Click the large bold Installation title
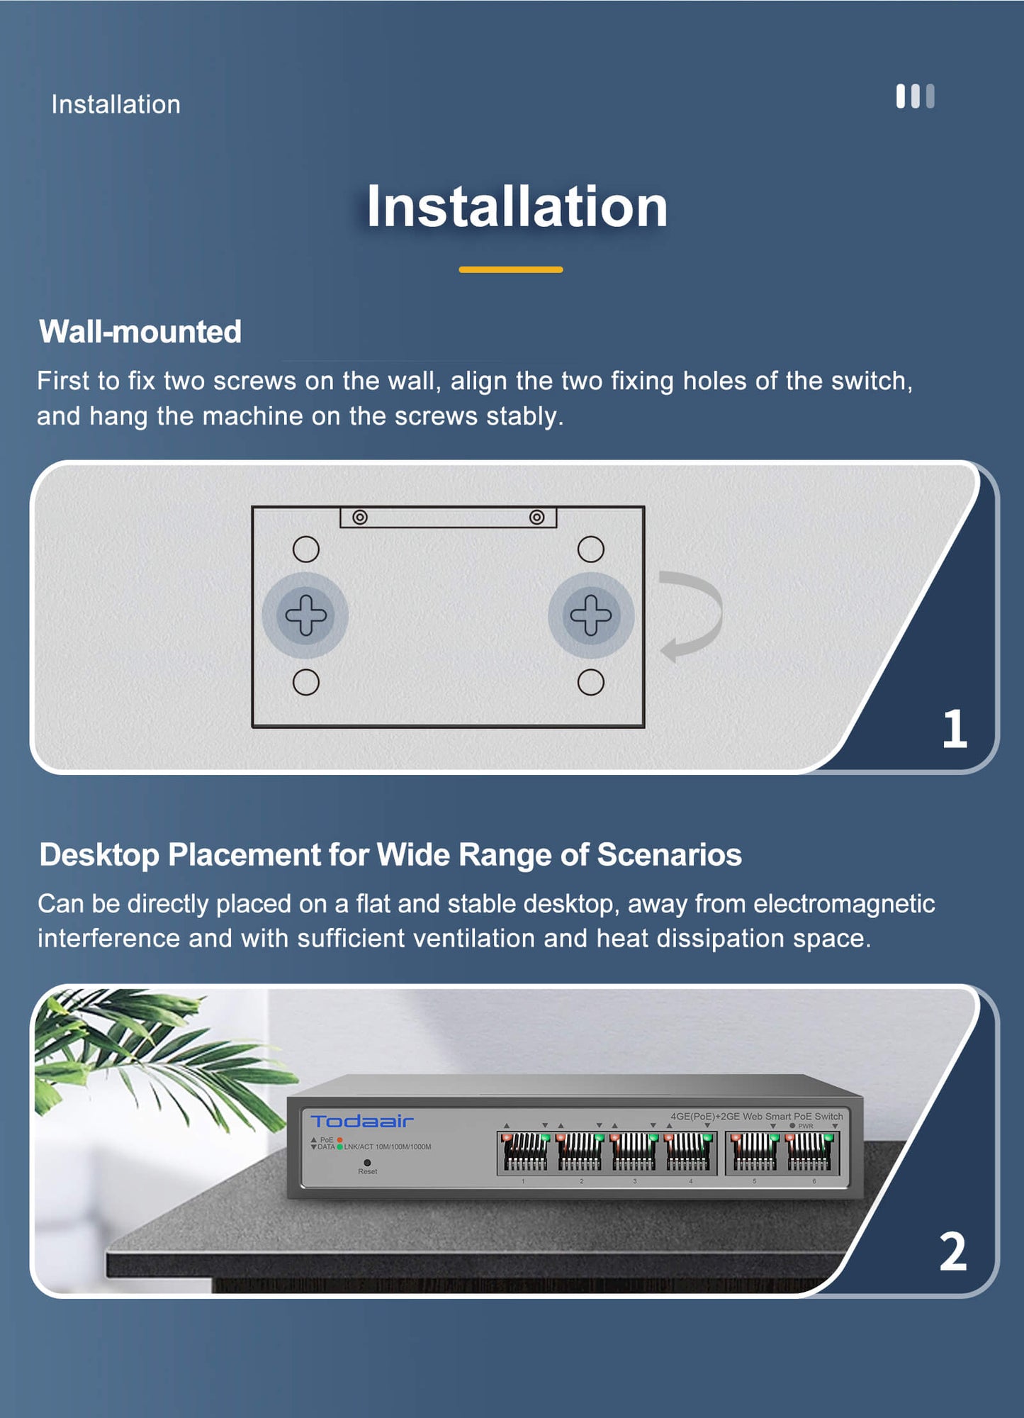517,206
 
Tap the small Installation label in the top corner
116,104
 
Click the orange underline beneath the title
511,269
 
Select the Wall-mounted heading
140,331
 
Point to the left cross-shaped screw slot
306,615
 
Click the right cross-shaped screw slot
591,615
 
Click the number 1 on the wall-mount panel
955,728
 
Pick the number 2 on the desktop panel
953,1251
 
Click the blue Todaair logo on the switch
362,1121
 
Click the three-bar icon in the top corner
915,96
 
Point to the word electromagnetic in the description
844,904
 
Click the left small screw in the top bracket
360,518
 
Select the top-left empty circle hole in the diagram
306,549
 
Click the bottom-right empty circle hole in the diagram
591,682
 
